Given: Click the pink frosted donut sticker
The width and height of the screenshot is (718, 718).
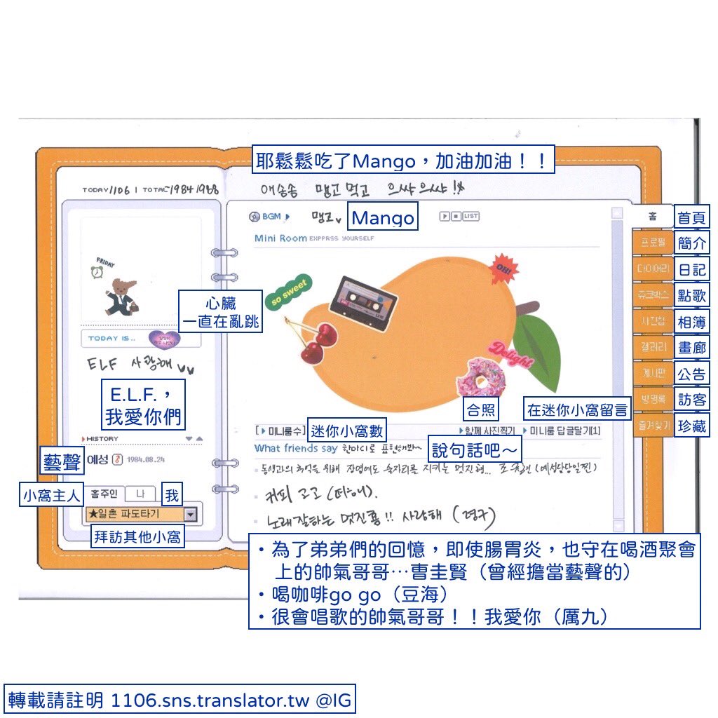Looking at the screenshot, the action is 481,378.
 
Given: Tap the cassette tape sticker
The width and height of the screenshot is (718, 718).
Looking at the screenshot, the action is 363,298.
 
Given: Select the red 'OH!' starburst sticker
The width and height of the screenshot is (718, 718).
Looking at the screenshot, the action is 505,267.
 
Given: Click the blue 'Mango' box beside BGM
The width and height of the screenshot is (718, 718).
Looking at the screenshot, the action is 383,217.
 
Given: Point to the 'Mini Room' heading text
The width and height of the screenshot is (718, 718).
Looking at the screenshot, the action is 280,238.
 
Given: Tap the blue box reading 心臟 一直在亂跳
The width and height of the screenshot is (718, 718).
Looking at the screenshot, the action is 221,313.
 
